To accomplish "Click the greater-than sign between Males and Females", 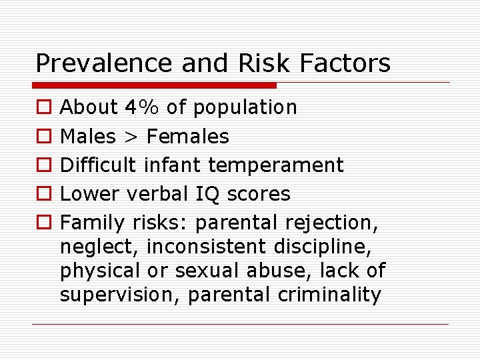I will (130, 137).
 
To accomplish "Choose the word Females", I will (187, 137).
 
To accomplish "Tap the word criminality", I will (327, 294).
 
